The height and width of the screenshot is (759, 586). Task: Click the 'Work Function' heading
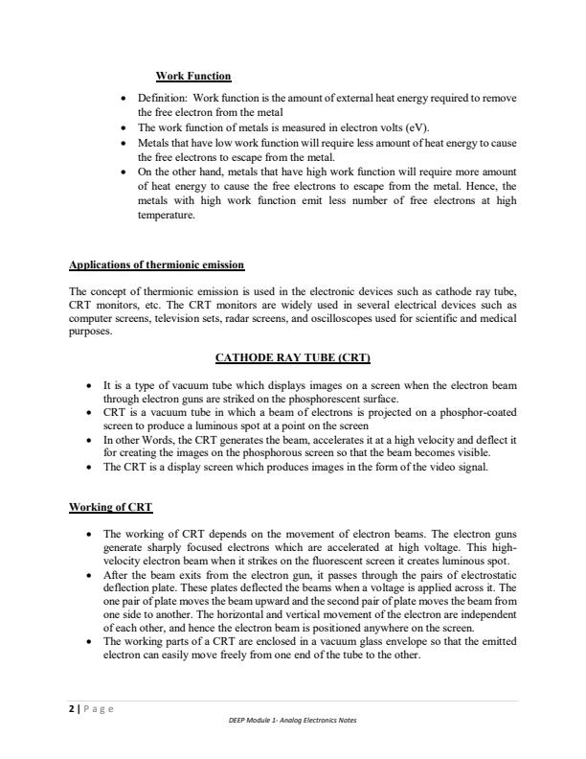click(x=192, y=76)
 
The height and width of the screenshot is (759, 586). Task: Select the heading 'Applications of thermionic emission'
click(x=157, y=264)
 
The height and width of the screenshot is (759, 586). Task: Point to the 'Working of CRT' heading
click(x=111, y=506)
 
